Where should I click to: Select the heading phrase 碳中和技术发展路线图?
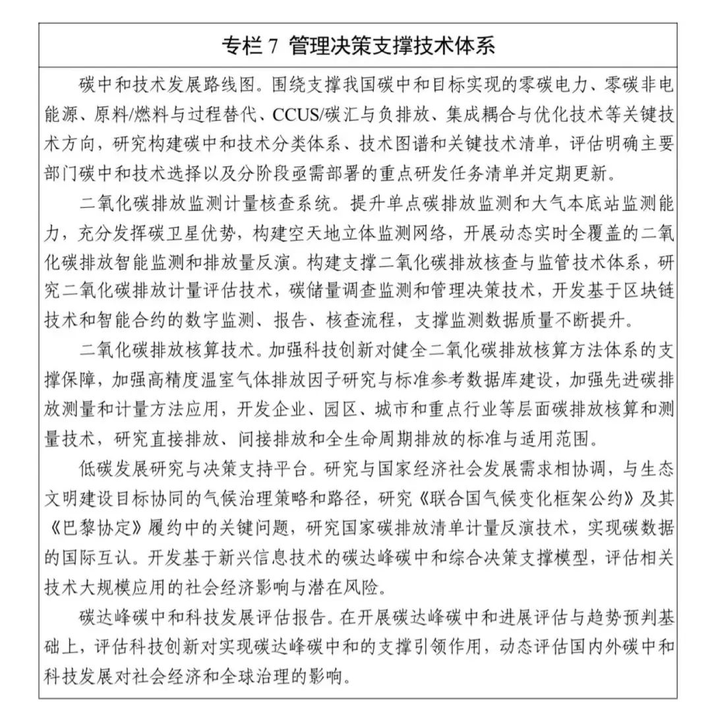click(151, 87)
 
